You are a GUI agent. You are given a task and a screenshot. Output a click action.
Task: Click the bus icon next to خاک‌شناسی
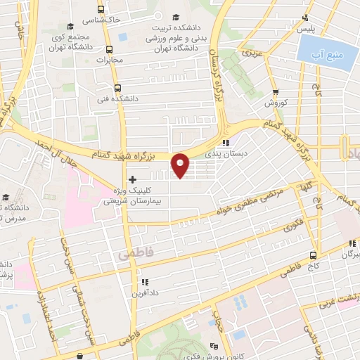[x=101, y=10]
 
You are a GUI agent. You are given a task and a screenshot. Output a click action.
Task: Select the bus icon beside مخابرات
[x=109, y=49]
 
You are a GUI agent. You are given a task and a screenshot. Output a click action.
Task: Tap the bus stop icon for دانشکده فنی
[x=117, y=89]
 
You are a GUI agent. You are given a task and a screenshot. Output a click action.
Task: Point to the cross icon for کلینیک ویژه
[x=132, y=180]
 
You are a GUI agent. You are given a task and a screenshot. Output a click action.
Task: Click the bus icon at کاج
[x=314, y=256]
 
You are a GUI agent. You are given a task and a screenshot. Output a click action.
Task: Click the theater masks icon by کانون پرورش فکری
[x=214, y=345]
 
